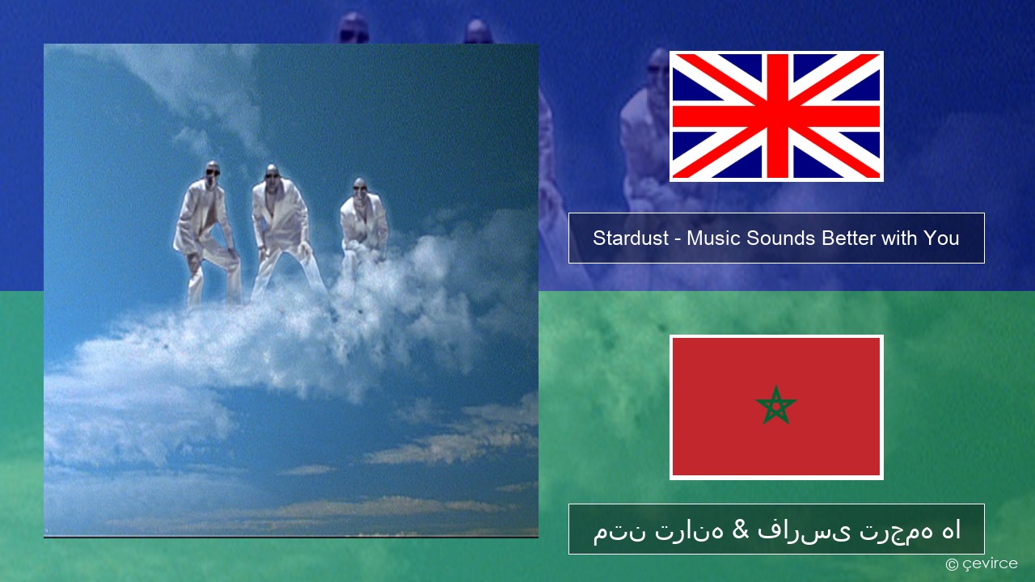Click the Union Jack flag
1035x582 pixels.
tap(776, 116)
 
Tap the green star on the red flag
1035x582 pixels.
tap(776, 405)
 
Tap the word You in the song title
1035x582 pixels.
tap(942, 238)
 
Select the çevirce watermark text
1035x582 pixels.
tap(990, 563)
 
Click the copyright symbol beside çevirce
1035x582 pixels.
tap(952, 564)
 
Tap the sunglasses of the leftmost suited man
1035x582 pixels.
tap(213, 172)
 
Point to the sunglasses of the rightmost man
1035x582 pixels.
tap(360, 187)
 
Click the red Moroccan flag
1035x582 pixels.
tap(776, 407)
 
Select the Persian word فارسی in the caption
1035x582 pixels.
tap(804, 529)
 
